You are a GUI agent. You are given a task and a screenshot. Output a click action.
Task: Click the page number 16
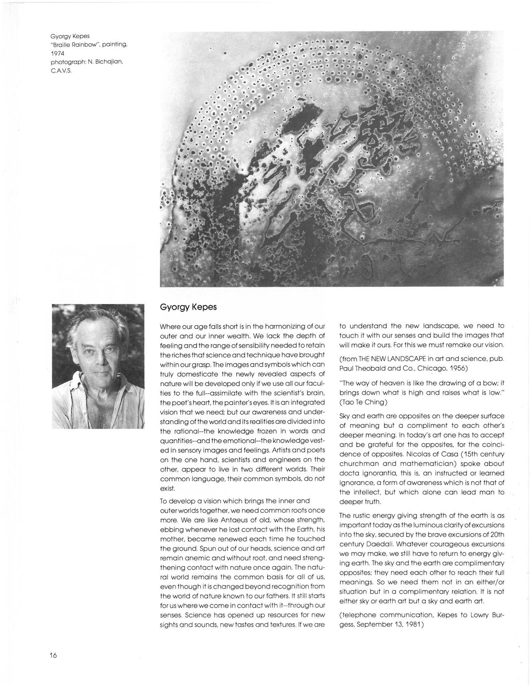tap(54, 655)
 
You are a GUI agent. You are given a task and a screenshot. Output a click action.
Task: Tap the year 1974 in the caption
tap(58, 53)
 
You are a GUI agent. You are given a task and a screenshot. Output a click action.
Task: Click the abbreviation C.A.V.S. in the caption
tap(60, 70)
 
